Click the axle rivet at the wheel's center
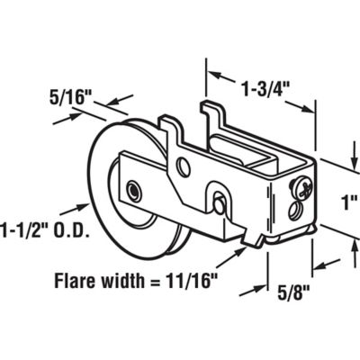pos(132,191)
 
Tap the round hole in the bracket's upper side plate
pos(184,166)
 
